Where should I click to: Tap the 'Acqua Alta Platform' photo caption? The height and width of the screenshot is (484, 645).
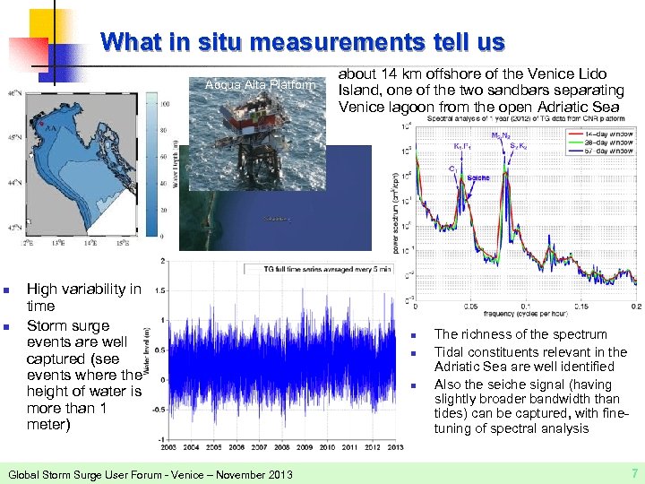(x=260, y=85)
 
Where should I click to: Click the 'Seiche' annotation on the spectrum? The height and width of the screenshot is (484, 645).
(x=478, y=177)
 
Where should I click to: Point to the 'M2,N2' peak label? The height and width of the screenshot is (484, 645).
(x=501, y=135)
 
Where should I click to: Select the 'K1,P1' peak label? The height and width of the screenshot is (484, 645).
(x=463, y=145)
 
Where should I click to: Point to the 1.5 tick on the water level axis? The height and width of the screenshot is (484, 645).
(x=159, y=290)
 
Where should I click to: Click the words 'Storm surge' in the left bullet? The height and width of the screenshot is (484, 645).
(x=68, y=325)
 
